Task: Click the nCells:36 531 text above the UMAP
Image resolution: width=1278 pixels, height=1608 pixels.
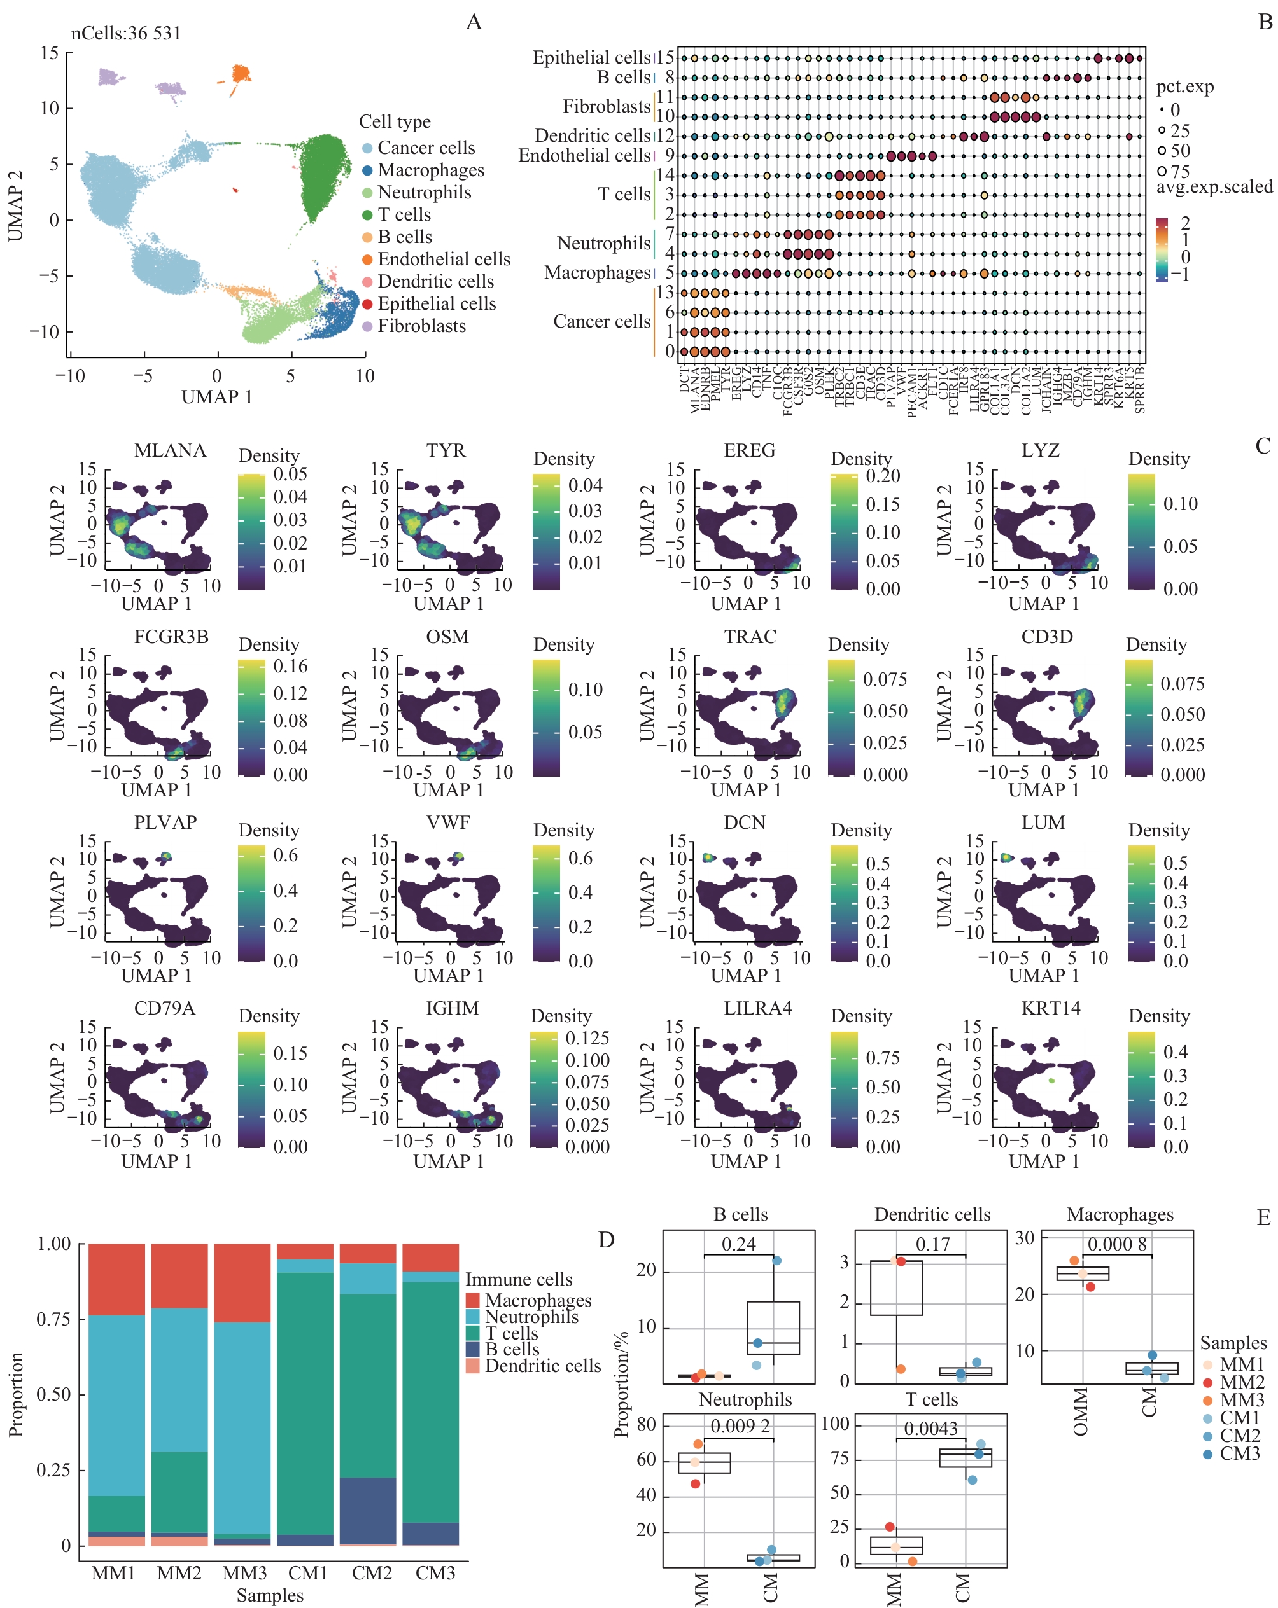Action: [x=126, y=34]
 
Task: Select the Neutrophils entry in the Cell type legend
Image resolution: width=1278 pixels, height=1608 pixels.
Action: [x=424, y=193]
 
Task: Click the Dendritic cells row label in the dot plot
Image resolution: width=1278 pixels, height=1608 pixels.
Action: [x=593, y=135]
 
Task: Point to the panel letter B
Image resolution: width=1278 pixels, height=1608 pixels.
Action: [x=1265, y=22]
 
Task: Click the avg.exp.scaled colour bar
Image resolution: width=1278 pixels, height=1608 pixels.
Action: [x=1161, y=249]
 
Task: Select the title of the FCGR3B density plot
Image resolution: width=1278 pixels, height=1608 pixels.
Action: [x=171, y=636]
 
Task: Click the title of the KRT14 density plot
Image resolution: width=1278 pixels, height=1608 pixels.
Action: [x=1050, y=1008]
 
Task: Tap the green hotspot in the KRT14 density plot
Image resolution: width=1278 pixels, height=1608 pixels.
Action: [x=1051, y=1080]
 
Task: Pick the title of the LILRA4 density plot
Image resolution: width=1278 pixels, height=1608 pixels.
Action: [x=757, y=1008]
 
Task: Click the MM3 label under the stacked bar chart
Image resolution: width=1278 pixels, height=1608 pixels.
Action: [x=244, y=1572]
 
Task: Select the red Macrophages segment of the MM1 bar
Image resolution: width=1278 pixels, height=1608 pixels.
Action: [x=116, y=1279]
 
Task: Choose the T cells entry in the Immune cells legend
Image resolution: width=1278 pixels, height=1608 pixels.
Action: [x=511, y=1333]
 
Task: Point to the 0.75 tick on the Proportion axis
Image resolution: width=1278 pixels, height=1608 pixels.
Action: [x=53, y=1319]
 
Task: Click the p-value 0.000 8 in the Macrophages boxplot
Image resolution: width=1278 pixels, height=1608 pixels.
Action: [x=1116, y=1244]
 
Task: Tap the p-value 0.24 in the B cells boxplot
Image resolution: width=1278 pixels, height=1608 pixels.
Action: [x=738, y=1244]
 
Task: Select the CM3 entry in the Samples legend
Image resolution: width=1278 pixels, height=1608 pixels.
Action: [x=1239, y=1453]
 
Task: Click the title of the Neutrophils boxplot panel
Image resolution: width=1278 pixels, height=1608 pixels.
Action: [x=745, y=1400]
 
